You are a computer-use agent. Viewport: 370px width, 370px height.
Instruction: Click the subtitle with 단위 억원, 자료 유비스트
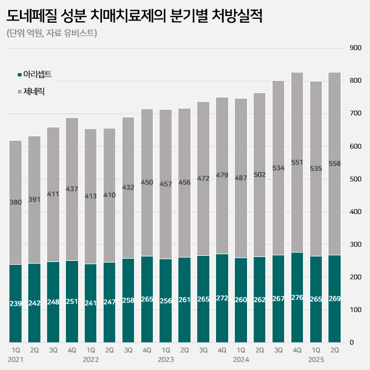coord(52,34)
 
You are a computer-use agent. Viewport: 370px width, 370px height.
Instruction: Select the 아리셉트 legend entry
coord(37,74)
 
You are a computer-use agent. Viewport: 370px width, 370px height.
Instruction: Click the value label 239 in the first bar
coord(16,304)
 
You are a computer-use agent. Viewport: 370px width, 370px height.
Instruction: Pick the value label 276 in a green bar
coord(297,298)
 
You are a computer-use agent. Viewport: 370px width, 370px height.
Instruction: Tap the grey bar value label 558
coord(335,163)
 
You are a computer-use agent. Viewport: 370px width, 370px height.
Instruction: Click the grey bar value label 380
coord(16,202)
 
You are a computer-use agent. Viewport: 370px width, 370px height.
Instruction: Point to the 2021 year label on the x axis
coord(16,360)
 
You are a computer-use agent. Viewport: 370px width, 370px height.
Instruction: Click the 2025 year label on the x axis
coord(316,360)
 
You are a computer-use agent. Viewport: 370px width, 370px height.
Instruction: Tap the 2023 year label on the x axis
coord(166,360)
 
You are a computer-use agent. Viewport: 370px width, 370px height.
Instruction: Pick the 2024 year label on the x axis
coord(241,360)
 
